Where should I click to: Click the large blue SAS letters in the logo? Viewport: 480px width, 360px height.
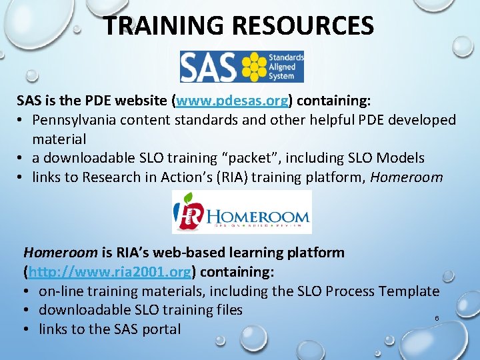tap(209, 67)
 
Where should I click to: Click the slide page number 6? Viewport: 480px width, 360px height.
tap(437, 319)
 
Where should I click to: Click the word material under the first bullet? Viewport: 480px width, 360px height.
tap(59, 139)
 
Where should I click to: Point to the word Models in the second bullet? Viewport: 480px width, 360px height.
tap(401, 158)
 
